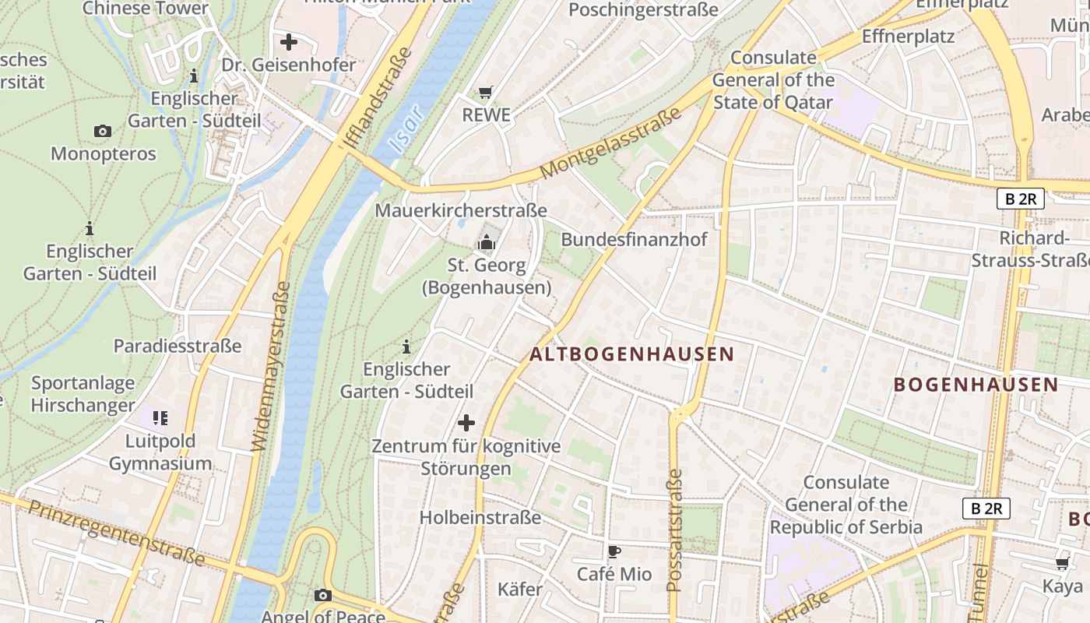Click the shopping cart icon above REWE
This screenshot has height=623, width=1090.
(486, 93)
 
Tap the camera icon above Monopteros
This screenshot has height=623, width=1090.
(103, 131)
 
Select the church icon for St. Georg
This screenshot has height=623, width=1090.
(487, 243)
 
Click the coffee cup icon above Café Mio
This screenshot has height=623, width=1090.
(614, 552)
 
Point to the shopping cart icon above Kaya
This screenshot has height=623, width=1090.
(1062, 563)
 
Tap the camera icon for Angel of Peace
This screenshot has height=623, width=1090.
(323, 596)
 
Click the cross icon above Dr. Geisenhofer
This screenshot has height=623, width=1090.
(289, 42)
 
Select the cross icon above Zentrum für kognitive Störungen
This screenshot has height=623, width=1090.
(466, 423)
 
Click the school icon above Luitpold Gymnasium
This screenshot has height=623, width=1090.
(160, 418)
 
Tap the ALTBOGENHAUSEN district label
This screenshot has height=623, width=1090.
(631, 354)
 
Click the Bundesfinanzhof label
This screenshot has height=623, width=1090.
(634, 239)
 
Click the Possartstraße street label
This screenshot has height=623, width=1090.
(675, 530)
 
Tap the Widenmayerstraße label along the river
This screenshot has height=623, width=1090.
(272, 366)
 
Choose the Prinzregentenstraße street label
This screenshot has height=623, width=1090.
(117, 533)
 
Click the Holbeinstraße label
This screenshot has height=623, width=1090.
(480, 517)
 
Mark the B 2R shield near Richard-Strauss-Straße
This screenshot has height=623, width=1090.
(1020, 199)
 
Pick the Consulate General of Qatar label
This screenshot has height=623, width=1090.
(773, 79)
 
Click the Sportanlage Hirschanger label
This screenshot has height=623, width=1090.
(83, 394)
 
